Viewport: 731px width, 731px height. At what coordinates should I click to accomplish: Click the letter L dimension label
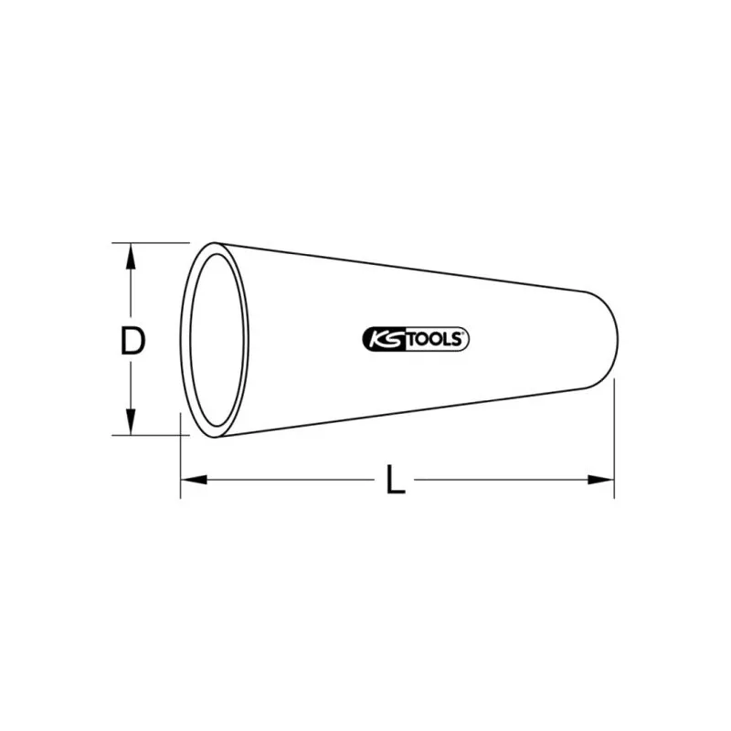(x=395, y=479)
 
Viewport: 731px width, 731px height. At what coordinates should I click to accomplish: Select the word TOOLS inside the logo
(x=433, y=340)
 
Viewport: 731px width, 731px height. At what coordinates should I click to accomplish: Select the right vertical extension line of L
(x=614, y=439)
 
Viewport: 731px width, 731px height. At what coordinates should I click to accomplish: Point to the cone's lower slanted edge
(x=411, y=409)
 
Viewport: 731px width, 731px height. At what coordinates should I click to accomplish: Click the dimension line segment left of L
(x=292, y=479)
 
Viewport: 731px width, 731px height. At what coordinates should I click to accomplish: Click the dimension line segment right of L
(x=503, y=479)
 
